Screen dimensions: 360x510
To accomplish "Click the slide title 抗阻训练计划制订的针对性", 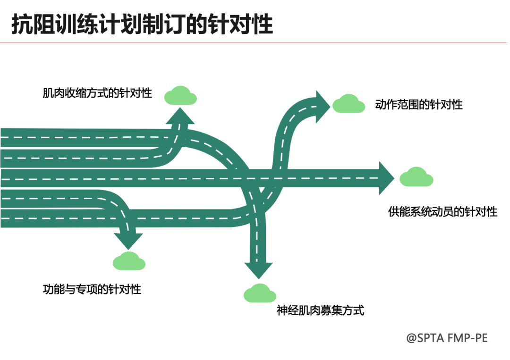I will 142,24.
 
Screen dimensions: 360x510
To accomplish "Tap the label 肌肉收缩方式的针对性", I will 97,93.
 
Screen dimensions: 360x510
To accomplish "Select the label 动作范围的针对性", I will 418,104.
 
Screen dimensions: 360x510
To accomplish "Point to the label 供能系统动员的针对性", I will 442,211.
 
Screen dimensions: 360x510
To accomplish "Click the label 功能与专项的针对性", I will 92,289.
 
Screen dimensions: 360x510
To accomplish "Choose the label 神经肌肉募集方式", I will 320,310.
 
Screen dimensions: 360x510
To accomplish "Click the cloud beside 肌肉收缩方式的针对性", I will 180,96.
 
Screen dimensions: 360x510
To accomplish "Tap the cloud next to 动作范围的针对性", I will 348,104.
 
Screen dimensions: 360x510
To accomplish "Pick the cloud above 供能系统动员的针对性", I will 416,177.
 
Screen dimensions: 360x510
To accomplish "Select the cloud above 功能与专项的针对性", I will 129,261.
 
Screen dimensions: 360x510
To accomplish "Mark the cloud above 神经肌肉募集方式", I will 260,293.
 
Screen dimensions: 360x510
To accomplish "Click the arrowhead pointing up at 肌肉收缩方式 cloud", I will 180,117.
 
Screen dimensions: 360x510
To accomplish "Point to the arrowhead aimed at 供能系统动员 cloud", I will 385,178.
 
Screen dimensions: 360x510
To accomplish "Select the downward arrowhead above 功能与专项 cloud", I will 128,240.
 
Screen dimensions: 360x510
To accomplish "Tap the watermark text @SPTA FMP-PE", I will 447,338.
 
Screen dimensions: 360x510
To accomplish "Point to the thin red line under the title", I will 255,43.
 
